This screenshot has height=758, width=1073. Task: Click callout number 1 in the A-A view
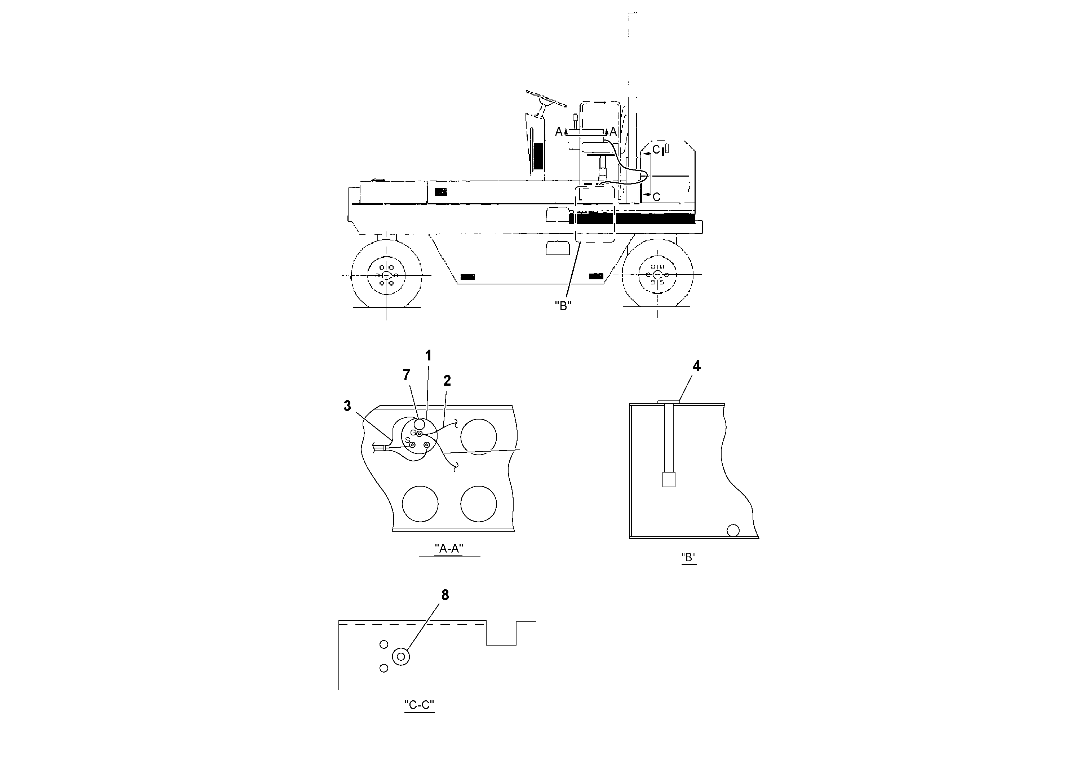[x=428, y=356]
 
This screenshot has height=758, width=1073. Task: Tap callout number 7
[x=407, y=375]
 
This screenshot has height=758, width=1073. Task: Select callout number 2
[x=447, y=381]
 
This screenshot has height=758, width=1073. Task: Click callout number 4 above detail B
[x=696, y=366]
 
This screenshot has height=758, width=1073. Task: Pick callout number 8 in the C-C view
[x=445, y=595]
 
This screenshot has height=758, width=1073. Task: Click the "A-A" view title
[x=449, y=549]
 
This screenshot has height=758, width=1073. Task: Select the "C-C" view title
[x=419, y=705]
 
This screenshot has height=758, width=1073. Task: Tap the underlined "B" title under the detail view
[x=689, y=558]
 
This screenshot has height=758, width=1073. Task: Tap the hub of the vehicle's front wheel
[x=386, y=276]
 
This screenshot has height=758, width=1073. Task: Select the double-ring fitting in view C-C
[x=401, y=657]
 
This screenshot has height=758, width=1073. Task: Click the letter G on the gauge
[x=413, y=433]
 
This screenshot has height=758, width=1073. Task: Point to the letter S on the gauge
[x=408, y=440]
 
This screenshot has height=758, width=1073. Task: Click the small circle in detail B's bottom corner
[x=733, y=531]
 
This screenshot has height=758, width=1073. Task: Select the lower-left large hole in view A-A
[x=420, y=504]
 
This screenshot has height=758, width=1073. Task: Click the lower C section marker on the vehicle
[x=656, y=197]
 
